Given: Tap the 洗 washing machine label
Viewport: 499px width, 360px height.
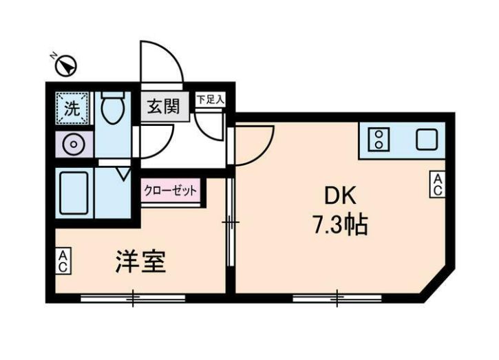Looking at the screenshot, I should (72, 107).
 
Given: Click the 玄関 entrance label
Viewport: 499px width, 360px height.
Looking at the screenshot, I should (162, 107).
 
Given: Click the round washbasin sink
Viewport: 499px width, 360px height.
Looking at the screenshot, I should (72, 144).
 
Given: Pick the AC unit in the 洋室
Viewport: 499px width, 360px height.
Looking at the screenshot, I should (63, 261).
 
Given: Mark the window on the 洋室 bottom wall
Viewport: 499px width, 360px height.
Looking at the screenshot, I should (133, 298).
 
